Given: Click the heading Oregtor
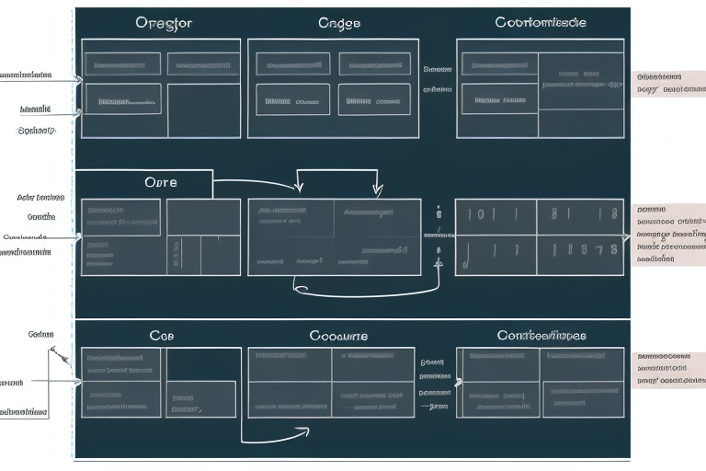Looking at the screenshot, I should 164,24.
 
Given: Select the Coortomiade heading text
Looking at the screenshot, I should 541,22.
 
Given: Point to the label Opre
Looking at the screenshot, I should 161,182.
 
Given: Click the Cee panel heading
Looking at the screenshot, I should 162,336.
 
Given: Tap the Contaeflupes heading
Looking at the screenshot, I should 541,336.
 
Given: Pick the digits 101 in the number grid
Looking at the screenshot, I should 483,215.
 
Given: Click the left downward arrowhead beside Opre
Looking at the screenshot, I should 299,190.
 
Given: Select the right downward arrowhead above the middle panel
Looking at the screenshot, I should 377,190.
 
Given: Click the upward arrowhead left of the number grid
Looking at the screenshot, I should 438,260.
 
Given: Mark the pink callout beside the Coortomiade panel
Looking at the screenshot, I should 668,84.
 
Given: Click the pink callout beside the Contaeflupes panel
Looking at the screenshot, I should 668,366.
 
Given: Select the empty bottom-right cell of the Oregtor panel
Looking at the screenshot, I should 203,110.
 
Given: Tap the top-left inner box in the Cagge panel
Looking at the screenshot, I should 293,64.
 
